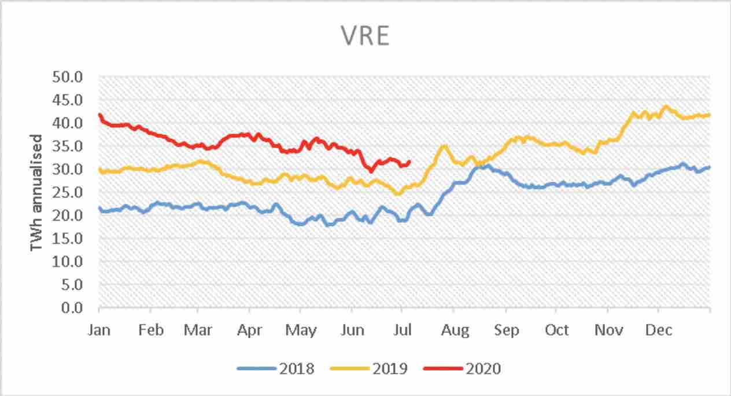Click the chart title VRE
(x=365, y=36)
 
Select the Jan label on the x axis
(x=99, y=330)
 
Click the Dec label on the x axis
(x=659, y=330)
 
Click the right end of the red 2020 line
(x=409, y=162)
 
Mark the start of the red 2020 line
(x=100, y=115)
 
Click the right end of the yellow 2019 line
(x=710, y=115)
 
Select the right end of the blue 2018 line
(x=710, y=167)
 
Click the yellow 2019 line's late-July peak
(x=444, y=146)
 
